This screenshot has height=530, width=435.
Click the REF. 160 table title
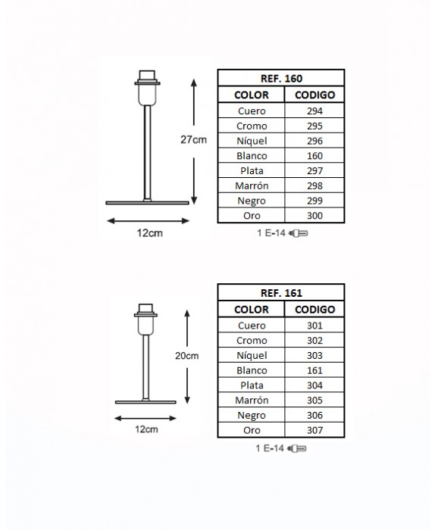tap(281, 79)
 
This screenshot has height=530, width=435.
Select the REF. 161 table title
tap(281, 293)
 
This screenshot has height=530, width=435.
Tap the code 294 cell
tap(315, 111)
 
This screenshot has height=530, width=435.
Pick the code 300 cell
tap(315, 215)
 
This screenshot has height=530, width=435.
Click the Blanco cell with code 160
tap(252, 155)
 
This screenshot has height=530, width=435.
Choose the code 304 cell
tap(315, 385)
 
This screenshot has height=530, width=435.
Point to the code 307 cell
tap(315, 430)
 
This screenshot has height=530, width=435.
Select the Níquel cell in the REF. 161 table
tap(252, 355)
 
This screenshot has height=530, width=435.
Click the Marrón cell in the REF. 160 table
tap(252, 185)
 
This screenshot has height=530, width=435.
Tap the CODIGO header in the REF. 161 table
tap(315, 309)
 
